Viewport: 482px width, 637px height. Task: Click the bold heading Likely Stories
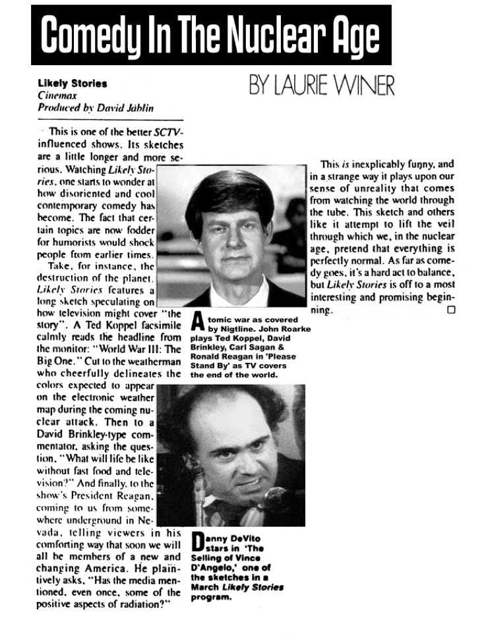point(73,84)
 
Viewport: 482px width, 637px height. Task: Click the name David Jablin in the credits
point(132,106)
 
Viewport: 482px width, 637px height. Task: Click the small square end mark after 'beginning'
point(451,309)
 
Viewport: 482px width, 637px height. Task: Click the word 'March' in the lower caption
point(205,587)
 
